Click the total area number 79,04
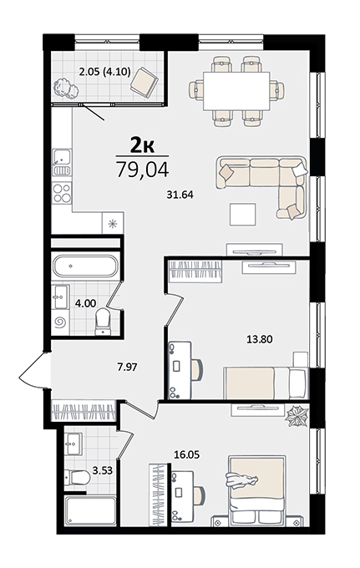point(142,170)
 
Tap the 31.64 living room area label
point(180,195)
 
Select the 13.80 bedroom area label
point(259,339)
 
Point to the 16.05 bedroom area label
point(186,454)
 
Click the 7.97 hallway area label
point(127,368)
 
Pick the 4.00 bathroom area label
point(85,303)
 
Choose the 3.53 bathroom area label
point(103,471)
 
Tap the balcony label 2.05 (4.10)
point(104,72)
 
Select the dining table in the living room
point(236,91)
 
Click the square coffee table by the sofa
point(243,214)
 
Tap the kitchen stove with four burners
point(62,192)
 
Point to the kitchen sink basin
point(62,157)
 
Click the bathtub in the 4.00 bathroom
point(85,266)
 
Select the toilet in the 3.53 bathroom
point(77,478)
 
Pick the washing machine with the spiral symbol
point(59,322)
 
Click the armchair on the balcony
point(145,82)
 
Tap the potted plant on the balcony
point(66,89)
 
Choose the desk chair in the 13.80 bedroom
point(196,369)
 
